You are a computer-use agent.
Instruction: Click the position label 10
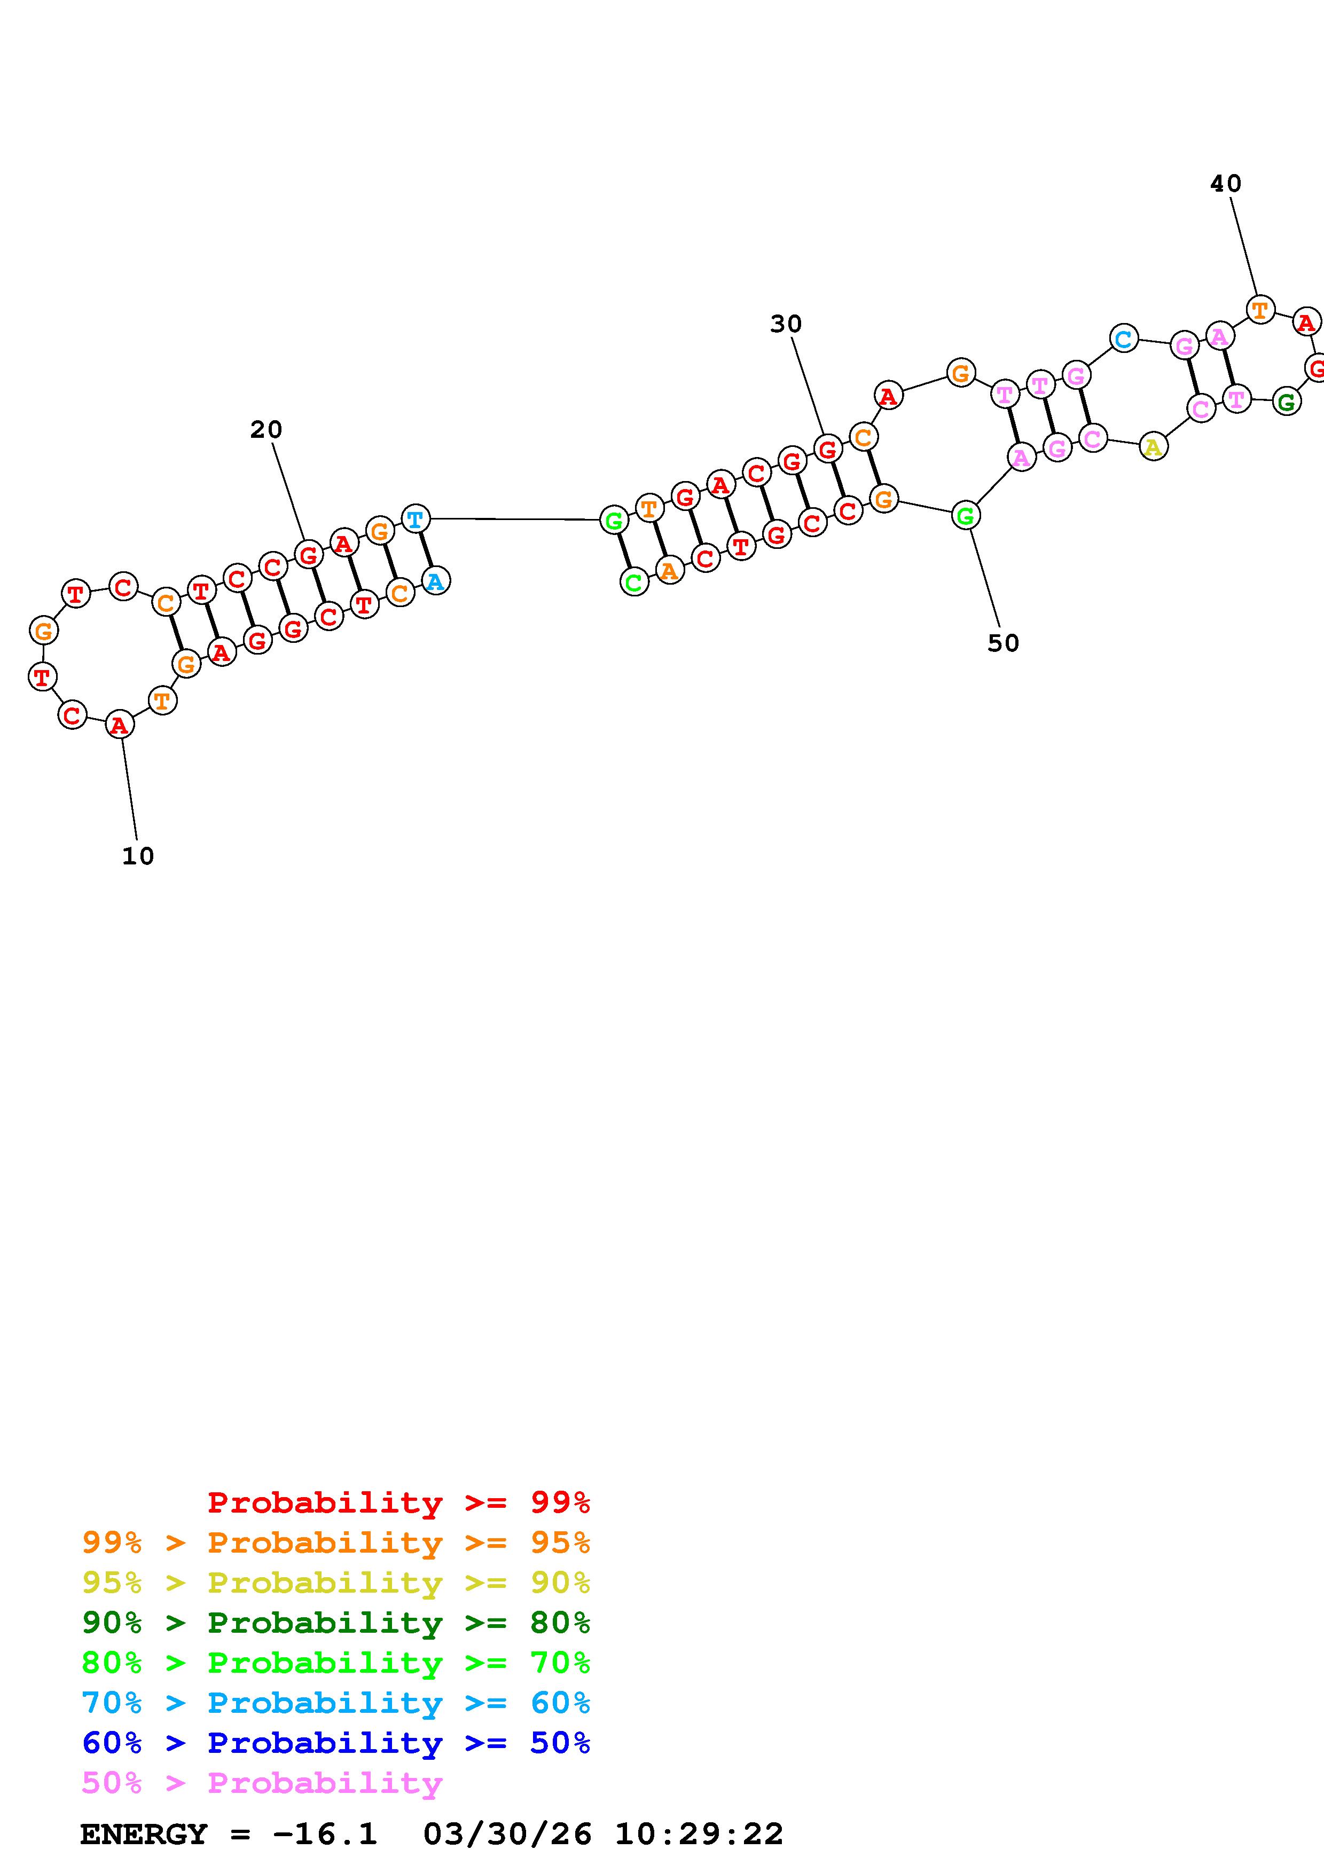tap(138, 856)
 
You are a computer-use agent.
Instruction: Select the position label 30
tap(786, 325)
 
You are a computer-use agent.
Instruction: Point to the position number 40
tap(1225, 184)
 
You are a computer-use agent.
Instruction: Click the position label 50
tap(1004, 643)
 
